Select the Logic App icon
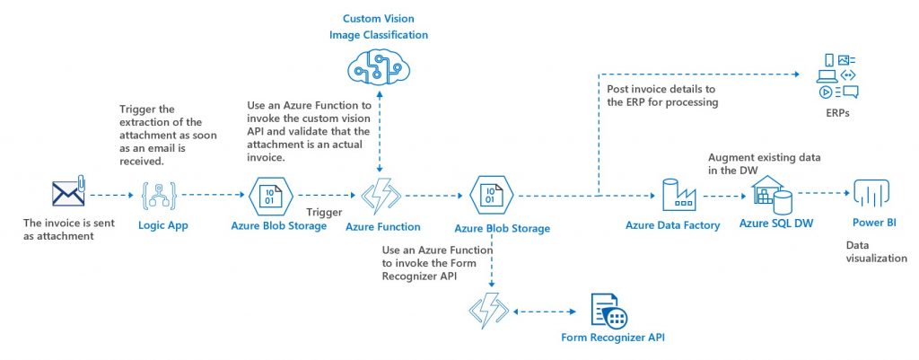(157, 193)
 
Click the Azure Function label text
(383, 227)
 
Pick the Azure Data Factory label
(673, 224)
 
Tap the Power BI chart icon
(870, 193)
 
